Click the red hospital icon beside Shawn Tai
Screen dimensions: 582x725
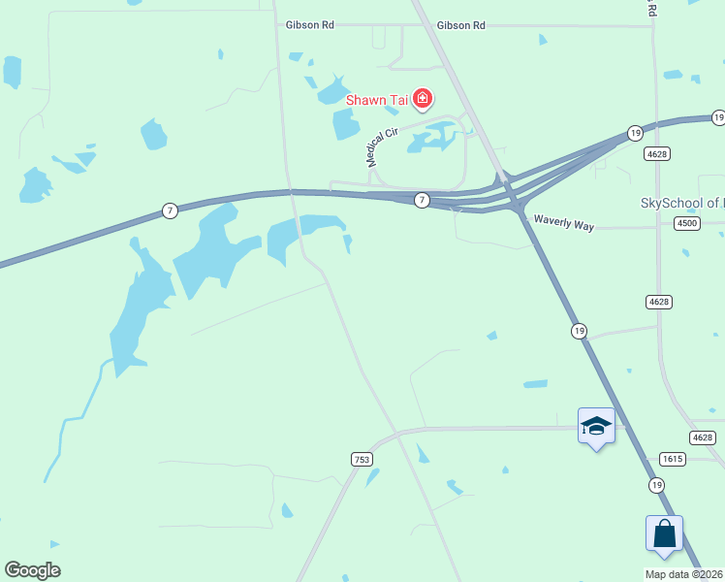[422, 98]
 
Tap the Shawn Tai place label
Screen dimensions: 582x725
[377, 99]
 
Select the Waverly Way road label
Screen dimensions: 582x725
[563, 222]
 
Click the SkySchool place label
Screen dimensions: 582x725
[681, 203]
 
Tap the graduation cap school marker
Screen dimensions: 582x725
[596, 426]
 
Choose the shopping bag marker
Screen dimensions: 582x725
[664, 533]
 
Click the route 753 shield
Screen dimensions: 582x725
[361, 458]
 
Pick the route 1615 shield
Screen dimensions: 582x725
[673, 458]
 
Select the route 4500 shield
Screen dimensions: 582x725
[686, 223]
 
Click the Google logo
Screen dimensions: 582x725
[32, 570]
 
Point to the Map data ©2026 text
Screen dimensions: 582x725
[684, 574]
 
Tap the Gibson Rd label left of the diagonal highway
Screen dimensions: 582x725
[309, 25]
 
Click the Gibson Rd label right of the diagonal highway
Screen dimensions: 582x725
[460, 25]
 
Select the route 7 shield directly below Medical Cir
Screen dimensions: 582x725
[422, 200]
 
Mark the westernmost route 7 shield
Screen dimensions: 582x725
[170, 210]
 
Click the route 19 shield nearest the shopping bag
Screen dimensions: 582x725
[657, 484]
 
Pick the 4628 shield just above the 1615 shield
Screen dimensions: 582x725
[704, 437]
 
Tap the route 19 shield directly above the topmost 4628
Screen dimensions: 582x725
[635, 133]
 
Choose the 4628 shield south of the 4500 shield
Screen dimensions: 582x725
[658, 302]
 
